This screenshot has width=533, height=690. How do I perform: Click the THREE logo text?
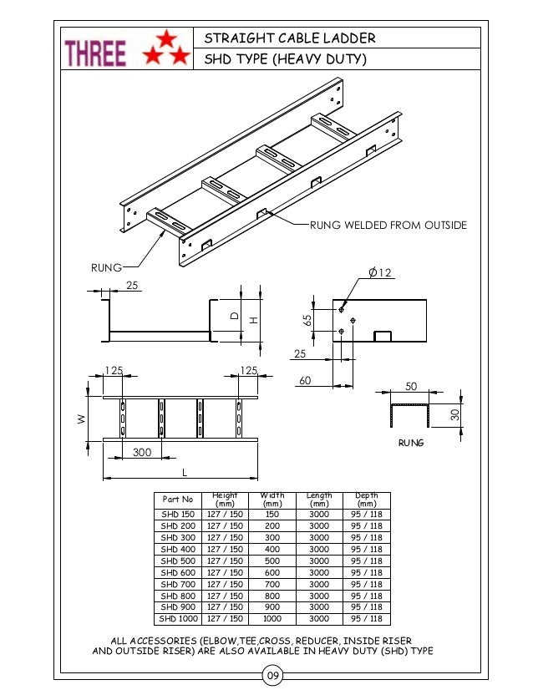96,54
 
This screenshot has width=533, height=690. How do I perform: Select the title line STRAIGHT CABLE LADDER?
290,38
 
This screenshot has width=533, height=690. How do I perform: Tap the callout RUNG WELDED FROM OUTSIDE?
388,226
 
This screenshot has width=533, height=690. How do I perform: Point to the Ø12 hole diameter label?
380,273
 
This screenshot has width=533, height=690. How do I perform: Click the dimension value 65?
308,320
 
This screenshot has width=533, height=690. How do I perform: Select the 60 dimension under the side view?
305,381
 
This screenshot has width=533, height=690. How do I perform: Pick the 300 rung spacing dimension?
143,452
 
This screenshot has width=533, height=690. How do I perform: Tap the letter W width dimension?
81,420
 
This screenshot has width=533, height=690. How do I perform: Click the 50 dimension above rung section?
410,387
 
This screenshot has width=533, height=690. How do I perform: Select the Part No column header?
177,500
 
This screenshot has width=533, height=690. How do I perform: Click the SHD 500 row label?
177,561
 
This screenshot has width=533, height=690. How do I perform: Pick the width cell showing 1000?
272,619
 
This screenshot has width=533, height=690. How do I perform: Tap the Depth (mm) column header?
366,500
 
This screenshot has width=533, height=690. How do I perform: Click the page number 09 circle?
272,675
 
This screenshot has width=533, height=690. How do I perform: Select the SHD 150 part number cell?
177,515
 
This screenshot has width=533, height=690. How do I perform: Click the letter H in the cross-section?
250,319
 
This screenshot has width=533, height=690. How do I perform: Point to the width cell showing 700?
272,584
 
